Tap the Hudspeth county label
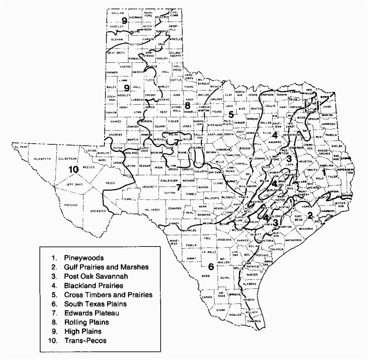43,159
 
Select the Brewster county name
98,211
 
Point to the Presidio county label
71,205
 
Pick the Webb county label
205,275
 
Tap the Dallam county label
118,13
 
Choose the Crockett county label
150,187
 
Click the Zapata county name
207,297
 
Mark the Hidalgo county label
235,314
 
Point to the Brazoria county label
306,229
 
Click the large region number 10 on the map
74,169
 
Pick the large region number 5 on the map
231,115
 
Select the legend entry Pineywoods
83,258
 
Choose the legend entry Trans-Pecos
85,340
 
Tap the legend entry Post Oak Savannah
91,276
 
